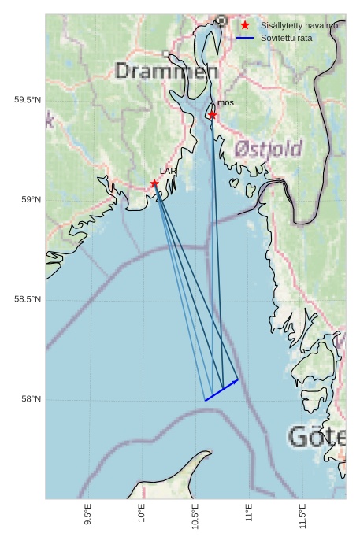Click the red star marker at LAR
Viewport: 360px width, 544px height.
click(154, 183)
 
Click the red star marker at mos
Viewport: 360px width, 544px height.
click(213, 115)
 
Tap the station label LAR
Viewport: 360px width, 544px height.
click(168, 171)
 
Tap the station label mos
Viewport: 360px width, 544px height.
click(225, 102)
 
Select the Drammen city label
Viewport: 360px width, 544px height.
click(166, 72)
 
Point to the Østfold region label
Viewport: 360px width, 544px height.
click(268, 149)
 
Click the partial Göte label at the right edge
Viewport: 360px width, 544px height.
click(317, 437)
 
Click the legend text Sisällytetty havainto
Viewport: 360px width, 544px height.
click(299, 25)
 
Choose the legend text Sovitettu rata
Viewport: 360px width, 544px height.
click(286, 38)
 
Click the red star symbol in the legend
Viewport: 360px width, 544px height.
click(245, 25)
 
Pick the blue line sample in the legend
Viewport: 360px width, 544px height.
click(245, 38)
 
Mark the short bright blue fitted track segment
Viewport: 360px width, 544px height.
click(221, 390)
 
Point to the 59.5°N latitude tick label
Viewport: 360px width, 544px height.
click(28, 100)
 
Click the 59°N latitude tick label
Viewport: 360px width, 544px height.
click(32, 200)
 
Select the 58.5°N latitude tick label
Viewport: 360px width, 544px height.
click(28, 300)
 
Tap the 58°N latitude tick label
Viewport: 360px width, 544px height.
click(32, 400)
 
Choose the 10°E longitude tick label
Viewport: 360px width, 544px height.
click(142, 515)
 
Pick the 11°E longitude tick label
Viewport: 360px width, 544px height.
click(249, 515)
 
